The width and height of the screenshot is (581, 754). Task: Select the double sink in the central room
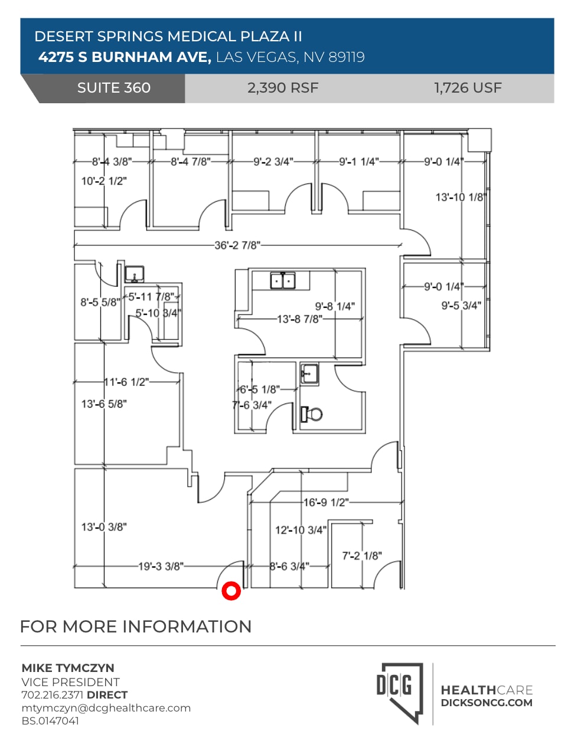point(283,281)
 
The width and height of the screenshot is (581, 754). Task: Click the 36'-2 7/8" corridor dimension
point(237,245)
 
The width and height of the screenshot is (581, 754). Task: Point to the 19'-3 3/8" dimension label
point(160,566)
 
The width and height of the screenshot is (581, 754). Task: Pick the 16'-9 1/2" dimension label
point(325,502)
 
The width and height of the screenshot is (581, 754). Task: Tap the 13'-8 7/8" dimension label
point(300,319)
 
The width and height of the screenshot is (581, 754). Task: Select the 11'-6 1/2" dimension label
point(126,382)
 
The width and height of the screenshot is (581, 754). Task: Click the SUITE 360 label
point(113,88)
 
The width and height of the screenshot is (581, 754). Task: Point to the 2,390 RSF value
point(283,88)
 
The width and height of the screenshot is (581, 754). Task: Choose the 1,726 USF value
point(468,88)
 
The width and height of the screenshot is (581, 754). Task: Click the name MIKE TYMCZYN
point(68,668)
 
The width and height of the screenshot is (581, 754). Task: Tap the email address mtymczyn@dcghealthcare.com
point(106,707)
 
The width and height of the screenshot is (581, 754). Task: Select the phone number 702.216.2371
point(53,694)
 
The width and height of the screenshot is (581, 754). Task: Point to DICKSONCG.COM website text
point(487,703)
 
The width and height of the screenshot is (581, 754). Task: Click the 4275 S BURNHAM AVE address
point(125,57)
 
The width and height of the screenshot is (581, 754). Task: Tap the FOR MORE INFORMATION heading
point(136,626)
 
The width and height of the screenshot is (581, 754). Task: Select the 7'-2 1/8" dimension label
point(362,555)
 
